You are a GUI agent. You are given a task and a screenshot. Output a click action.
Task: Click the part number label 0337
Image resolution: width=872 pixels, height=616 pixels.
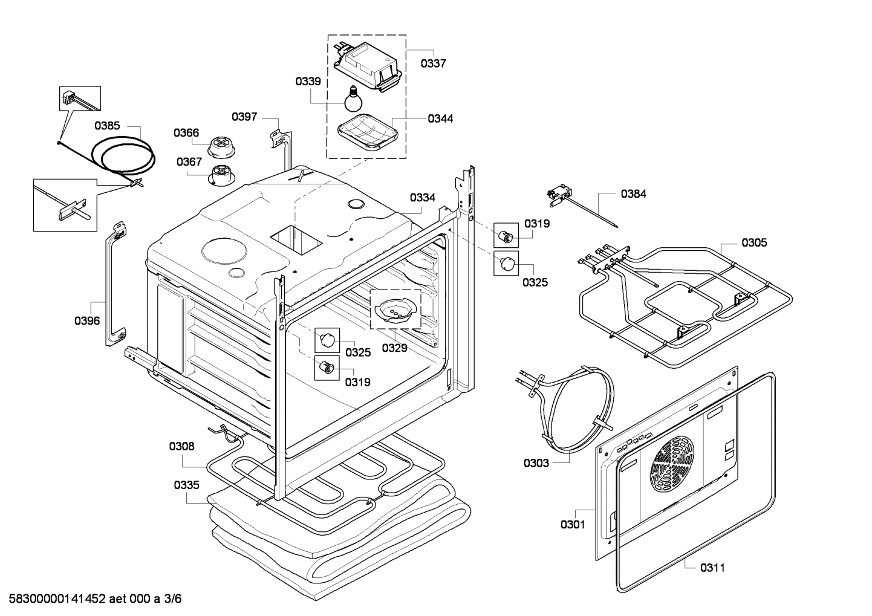[x=433, y=63]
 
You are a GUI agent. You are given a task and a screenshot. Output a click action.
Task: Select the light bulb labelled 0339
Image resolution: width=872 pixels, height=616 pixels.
[x=353, y=99]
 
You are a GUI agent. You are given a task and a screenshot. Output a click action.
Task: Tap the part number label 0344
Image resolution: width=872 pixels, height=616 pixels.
[x=440, y=118]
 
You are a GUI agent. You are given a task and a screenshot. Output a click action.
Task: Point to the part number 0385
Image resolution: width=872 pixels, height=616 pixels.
[x=107, y=126]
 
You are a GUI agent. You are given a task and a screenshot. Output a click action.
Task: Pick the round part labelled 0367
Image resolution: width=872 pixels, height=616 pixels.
[x=222, y=176]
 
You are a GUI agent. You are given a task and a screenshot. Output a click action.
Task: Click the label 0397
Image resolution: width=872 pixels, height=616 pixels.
[x=244, y=117]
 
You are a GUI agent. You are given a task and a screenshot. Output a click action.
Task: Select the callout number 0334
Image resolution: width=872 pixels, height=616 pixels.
[x=422, y=198]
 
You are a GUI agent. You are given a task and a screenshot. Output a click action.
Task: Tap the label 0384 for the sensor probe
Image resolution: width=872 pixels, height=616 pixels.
[x=633, y=194]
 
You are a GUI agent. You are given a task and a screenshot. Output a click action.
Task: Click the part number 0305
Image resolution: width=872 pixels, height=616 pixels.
[x=754, y=243]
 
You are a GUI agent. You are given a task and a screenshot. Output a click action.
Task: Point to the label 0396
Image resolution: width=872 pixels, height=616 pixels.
[x=87, y=320]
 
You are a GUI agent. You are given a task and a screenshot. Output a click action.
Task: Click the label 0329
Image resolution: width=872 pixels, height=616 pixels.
[x=394, y=348]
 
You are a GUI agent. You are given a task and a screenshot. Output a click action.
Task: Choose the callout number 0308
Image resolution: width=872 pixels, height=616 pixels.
[x=182, y=446]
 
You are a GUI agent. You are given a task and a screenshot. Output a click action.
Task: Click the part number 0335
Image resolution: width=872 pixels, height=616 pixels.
[x=186, y=485]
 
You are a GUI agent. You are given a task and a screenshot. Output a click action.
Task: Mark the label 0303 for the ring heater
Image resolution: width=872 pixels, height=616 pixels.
[x=536, y=463]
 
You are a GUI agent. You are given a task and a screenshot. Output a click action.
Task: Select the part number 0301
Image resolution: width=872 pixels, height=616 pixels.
[x=573, y=525]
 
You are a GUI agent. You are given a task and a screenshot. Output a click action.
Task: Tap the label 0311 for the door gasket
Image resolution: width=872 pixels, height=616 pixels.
[x=712, y=568]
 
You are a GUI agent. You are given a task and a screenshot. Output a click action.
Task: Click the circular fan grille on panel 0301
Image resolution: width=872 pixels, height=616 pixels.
[x=671, y=464]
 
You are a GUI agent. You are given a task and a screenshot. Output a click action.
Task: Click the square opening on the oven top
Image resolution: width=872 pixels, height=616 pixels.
[x=297, y=239]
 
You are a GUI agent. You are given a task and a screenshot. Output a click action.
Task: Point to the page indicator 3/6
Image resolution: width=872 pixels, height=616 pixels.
[x=172, y=598]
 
